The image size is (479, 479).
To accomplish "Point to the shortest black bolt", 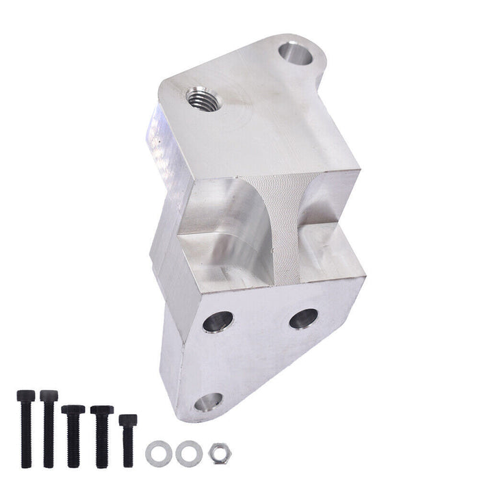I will click(x=127, y=437).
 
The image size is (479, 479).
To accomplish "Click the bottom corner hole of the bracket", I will click(x=208, y=402).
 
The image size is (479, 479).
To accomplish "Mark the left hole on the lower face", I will click(x=218, y=320).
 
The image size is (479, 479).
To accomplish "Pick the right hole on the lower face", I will click(x=303, y=318).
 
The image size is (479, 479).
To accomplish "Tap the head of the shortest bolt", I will click(x=127, y=419).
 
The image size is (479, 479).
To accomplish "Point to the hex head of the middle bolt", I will click(x=73, y=411).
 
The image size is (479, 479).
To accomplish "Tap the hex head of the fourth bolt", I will click(x=102, y=411).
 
